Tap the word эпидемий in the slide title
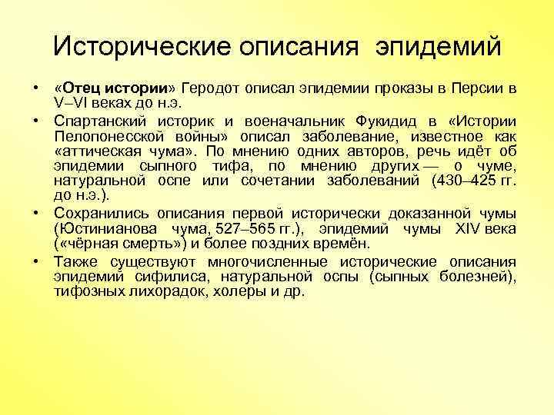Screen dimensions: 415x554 coord(439,47)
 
